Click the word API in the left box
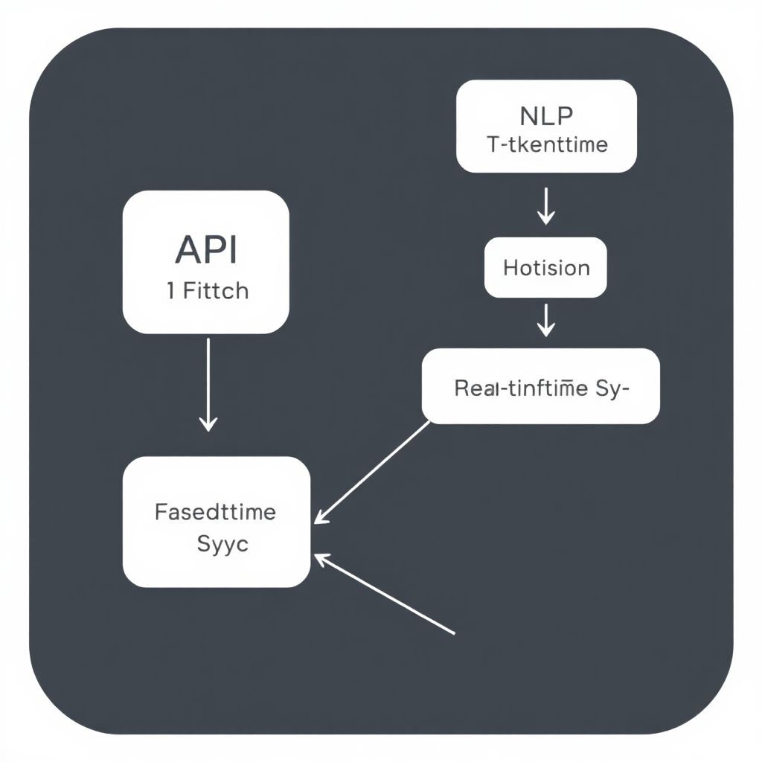206,250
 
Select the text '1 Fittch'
208,290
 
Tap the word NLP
546,117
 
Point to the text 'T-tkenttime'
547,144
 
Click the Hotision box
546,267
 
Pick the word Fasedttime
215,512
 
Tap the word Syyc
222,543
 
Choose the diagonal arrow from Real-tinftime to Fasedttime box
372,472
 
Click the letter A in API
186,250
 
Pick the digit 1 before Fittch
171,290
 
